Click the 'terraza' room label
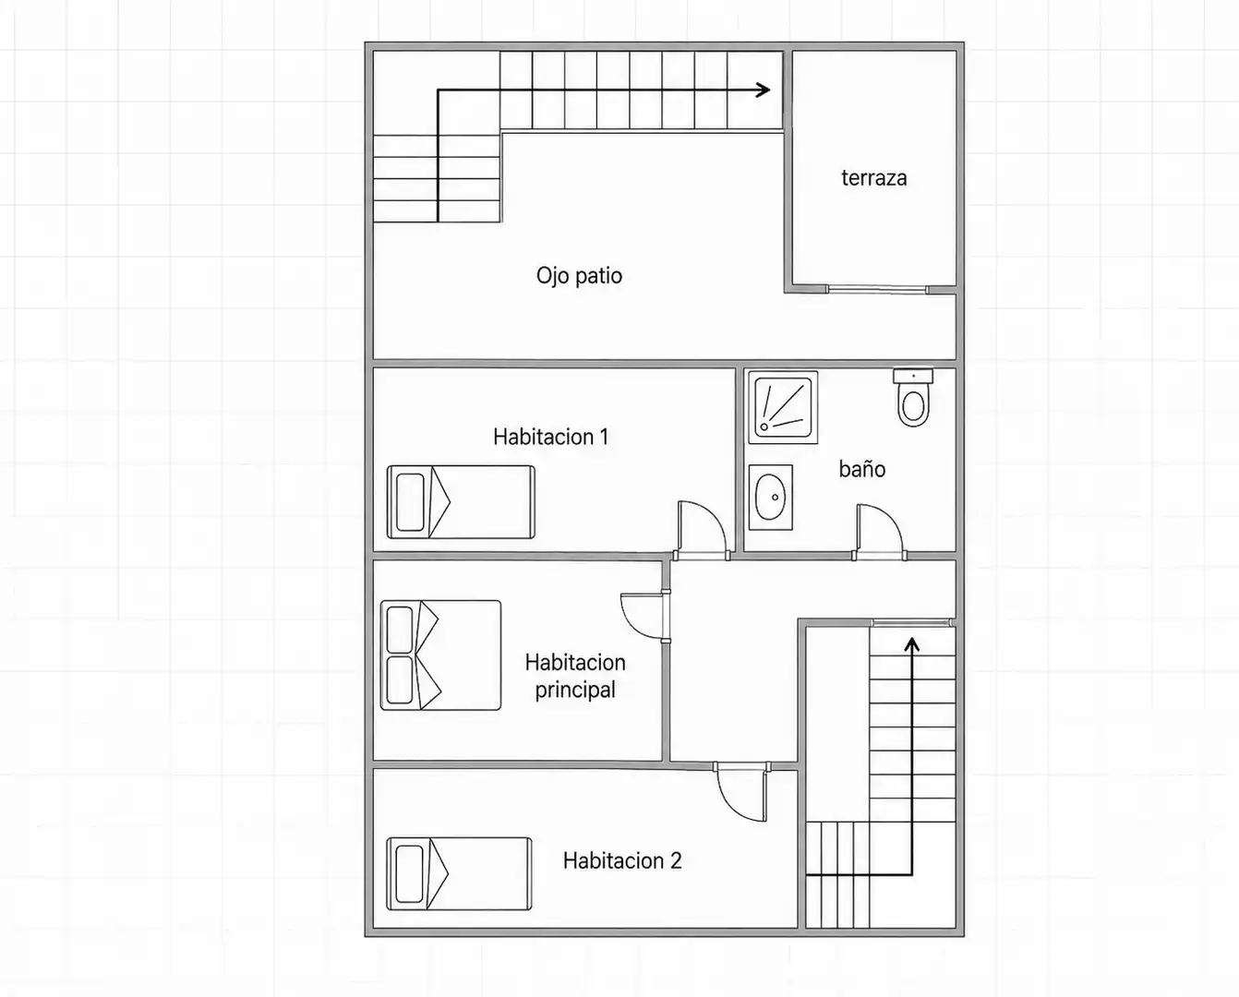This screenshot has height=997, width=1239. pyautogui.click(x=874, y=178)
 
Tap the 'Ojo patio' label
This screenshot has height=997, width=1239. pyautogui.click(x=579, y=276)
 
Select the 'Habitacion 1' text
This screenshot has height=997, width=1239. pyautogui.click(x=551, y=437)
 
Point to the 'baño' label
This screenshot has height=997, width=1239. pyautogui.click(x=862, y=469)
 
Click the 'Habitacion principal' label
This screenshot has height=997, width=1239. pyautogui.click(x=575, y=676)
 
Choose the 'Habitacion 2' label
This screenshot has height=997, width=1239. pyautogui.click(x=622, y=860)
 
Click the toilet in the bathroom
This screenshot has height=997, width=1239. pyautogui.click(x=913, y=397)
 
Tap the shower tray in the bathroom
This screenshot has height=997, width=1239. pyautogui.click(x=783, y=407)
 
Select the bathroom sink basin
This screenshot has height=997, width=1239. pyautogui.click(x=770, y=498)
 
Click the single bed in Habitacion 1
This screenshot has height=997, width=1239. pyautogui.click(x=461, y=502)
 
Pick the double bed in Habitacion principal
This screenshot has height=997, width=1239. pyautogui.click(x=440, y=655)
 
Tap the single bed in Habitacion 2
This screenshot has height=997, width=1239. pyautogui.click(x=459, y=874)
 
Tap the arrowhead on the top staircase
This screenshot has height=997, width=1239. pyautogui.click(x=764, y=90)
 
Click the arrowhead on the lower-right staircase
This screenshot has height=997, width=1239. pyautogui.click(x=911, y=644)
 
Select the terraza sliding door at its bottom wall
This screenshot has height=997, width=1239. pyautogui.click(x=878, y=290)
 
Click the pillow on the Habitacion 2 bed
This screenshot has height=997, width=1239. pyautogui.click(x=410, y=874)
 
